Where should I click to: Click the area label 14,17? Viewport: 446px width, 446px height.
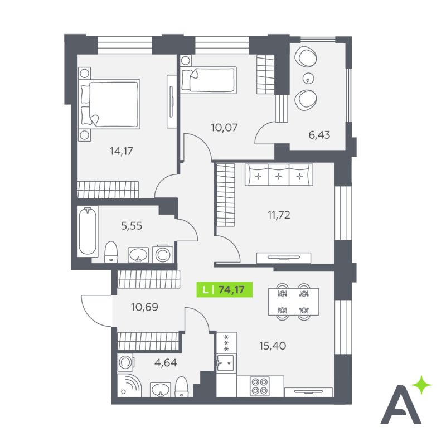[122, 151]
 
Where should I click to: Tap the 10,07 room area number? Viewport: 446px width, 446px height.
[224, 128]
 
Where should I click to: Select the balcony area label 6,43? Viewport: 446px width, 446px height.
[319, 135]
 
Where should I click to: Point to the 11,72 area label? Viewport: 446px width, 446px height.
[279, 215]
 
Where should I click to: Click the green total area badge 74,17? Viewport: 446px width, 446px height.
[225, 289]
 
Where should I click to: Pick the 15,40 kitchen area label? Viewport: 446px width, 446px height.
[273, 346]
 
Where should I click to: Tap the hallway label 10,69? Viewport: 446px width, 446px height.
[144, 307]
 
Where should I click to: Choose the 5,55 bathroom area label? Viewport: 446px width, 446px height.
[132, 226]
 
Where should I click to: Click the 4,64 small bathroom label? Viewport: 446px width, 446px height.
[166, 363]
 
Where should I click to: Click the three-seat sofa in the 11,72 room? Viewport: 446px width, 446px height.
[279, 174]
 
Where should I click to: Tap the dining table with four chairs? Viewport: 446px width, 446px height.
[293, 302]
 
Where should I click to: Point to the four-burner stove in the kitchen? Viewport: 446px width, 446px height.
[260, 386]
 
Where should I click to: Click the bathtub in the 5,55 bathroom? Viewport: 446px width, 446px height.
[88, 231]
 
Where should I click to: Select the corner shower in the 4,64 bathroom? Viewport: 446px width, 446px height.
[129, 385]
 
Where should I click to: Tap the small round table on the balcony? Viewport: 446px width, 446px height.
[308, 77]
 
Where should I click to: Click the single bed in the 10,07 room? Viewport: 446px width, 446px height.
[208, 80]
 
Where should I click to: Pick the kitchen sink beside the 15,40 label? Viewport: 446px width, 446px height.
[226, 363]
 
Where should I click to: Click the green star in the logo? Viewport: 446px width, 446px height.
[421, 385]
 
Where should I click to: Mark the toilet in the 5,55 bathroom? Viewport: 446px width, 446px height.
[111, 252]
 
